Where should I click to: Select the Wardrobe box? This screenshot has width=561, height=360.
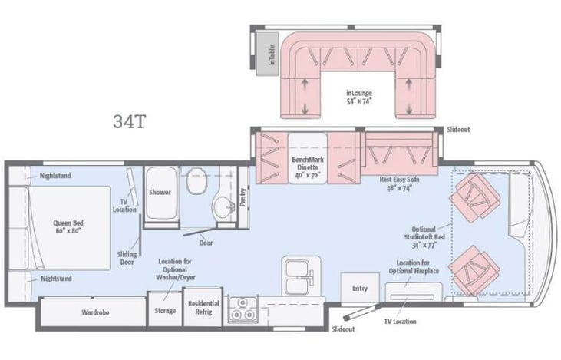point(97,312)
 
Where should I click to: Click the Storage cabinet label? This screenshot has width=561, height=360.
point(165,311)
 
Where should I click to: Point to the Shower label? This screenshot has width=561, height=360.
point(160,192)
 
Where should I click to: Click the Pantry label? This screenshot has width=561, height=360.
point(243,198)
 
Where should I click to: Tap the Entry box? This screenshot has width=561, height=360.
point(359,289)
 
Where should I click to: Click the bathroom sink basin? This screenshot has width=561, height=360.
point(223,206)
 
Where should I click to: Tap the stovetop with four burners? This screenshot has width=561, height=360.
point(243,308)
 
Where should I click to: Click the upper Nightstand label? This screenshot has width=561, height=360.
point(56,176)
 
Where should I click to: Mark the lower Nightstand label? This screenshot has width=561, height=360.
point(56,278)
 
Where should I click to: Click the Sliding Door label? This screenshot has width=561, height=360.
point(127,257)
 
